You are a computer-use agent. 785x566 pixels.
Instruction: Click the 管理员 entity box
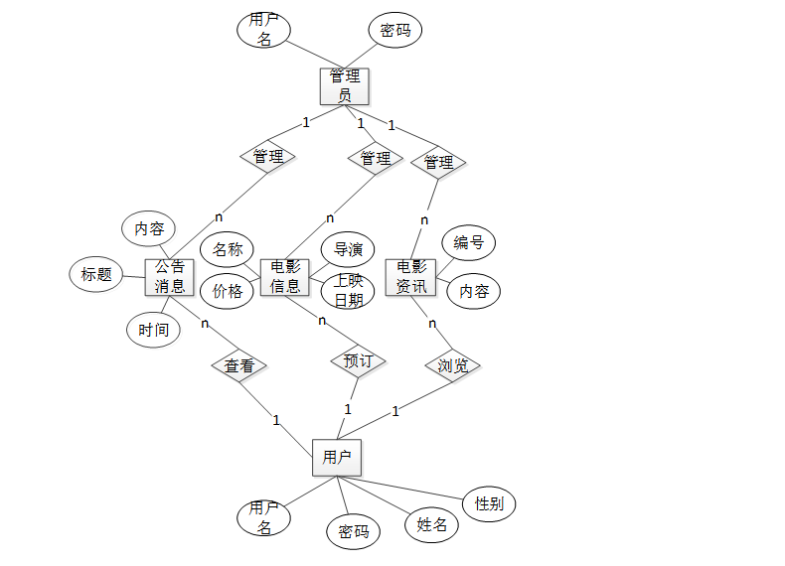pos(345,86)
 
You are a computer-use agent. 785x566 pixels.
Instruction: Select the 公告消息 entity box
pos(169,277)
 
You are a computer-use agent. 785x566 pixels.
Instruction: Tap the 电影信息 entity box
pos(285,277)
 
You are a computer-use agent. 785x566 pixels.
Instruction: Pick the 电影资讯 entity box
pos(411,277)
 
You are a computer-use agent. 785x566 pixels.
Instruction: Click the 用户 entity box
pos(336,457)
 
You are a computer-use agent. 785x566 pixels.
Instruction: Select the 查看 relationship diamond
pos(239,366)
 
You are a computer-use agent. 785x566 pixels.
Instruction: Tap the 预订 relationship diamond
pos(358,361)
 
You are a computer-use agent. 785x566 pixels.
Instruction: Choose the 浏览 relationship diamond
pos(453,366)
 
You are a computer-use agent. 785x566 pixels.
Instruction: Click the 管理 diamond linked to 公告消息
pos(268,157)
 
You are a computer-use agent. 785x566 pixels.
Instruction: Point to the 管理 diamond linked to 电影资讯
pos(438,162)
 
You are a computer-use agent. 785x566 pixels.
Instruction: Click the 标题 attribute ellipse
pos(96,275)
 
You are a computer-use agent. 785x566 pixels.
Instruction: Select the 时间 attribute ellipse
pos(154,330)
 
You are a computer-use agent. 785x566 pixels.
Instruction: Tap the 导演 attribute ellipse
pos(348,249)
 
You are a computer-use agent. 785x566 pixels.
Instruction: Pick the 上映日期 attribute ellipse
pos(348,291)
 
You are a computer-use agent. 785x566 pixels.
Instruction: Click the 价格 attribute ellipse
pos(228,292)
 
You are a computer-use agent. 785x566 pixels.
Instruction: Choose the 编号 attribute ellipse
pos(468,242)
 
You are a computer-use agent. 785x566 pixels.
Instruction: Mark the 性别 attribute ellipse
pos(489,503)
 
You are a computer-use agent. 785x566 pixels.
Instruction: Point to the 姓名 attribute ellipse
pos(431,525)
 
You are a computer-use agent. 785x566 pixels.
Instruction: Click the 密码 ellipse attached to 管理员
pos(394,31)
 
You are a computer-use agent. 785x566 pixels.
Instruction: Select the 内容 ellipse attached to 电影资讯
pos(473,292)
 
